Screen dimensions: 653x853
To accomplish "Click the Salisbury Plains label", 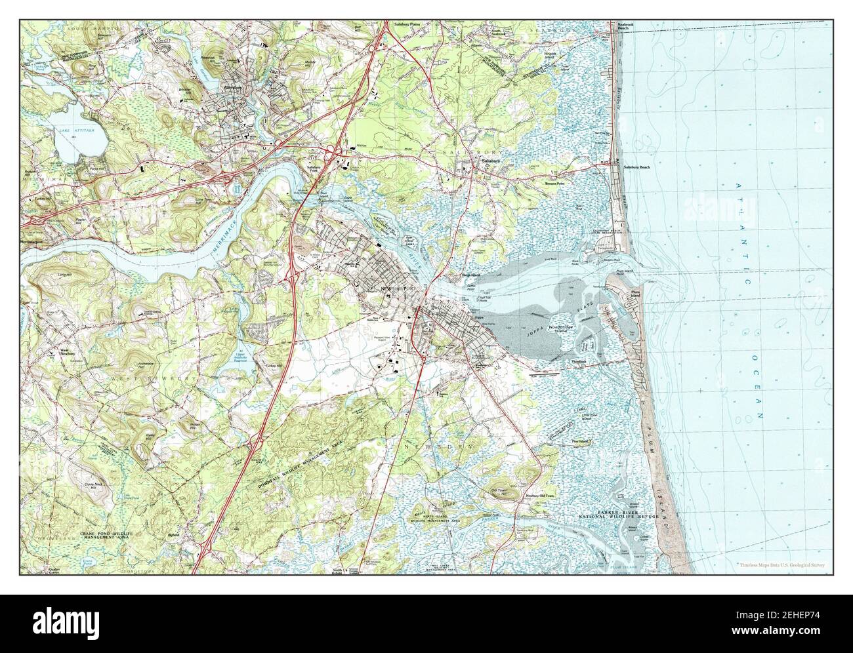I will pos(406,24).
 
